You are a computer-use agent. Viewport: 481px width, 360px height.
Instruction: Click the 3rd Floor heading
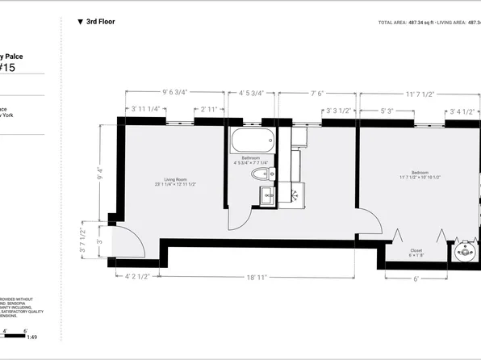tap(99, 22)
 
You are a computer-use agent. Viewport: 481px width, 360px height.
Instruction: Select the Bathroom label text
tap(250, 159)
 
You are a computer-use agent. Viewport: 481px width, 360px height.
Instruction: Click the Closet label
tap(416, 252)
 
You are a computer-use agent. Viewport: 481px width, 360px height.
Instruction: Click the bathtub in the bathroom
tap(252, 142)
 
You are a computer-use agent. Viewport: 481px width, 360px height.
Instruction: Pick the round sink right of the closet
tap(466, 252)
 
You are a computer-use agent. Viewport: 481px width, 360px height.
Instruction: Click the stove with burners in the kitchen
tap(295, 193)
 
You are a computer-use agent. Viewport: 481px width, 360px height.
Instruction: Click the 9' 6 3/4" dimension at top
tap(174, 93)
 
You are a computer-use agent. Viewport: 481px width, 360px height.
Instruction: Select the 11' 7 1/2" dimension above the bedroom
tap(420, 94)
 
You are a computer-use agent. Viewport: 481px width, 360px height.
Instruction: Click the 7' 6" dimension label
tap(318, 93)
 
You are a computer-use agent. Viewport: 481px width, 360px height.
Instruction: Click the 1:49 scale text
tap(31, 337)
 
